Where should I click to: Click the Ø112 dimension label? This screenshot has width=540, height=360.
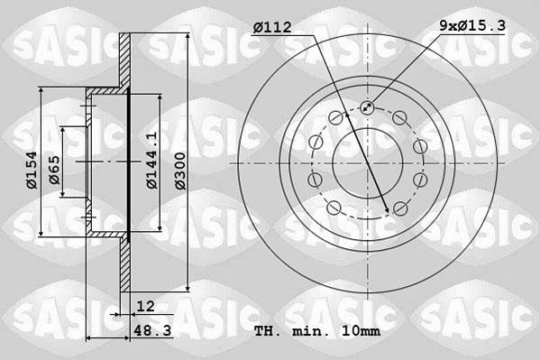tap(273, 28)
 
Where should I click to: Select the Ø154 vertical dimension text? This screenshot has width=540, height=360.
tap(30, 170)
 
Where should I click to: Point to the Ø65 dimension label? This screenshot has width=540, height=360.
tap(55, 170)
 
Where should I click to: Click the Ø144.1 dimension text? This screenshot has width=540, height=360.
tap(152, 161)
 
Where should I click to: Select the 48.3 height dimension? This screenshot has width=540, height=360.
tap(150, 331)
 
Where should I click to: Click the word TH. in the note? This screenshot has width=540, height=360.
tap(268, 331)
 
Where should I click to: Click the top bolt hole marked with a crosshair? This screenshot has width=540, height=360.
tap(367, 108)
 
